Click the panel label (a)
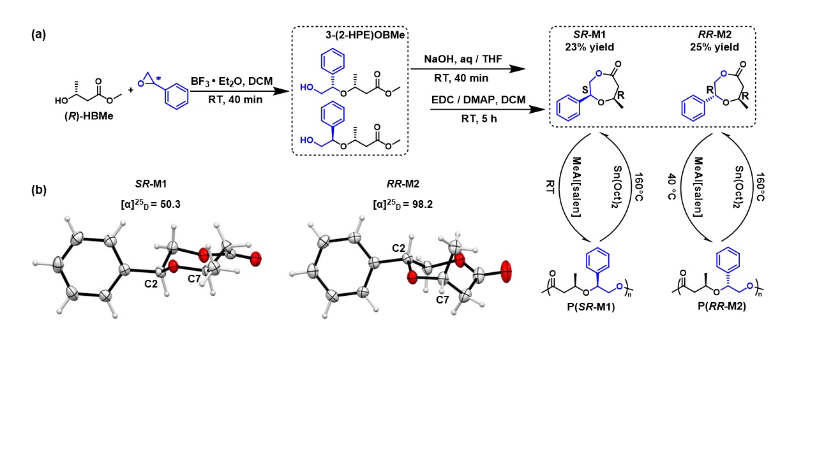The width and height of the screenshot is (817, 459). [x=38, y=36]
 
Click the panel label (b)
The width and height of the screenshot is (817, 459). [x=38, y=189]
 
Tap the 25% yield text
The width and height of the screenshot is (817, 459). [x=712, y=47]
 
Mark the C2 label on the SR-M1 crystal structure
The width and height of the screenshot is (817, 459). [x=151, y=282]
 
